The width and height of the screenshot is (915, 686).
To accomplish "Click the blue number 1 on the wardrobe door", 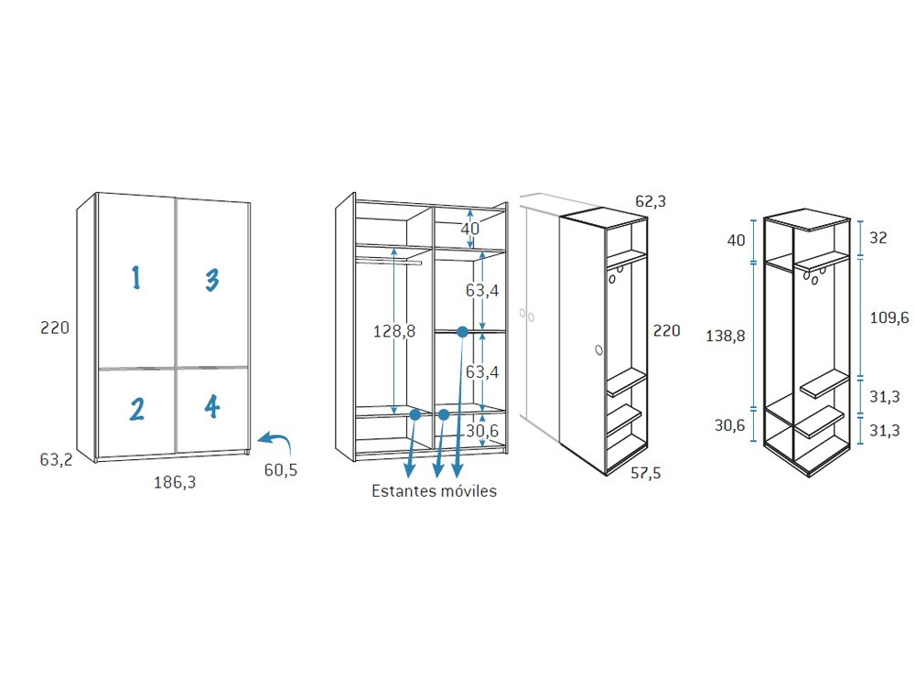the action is pos(136,278).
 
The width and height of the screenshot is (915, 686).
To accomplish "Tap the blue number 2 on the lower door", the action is pos(137,409).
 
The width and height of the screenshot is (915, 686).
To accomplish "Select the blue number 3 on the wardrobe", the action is pos(212,279).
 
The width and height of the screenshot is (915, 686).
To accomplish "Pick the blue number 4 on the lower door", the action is pos(212,407).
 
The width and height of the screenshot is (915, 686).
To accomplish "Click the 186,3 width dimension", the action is pos(175,482).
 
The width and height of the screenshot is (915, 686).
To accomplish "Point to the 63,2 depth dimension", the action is pos(56,460).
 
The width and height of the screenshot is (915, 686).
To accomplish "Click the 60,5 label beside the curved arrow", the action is pos(281,469).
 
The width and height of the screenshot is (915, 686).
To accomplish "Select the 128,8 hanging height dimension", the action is pos(394,331).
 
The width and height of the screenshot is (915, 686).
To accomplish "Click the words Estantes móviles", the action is pos(434,490).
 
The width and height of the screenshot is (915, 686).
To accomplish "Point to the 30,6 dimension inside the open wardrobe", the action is pos(482,431).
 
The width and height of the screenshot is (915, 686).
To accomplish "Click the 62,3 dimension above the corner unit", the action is pos(651,201).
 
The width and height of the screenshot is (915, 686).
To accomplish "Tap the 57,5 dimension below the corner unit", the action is pos(646,473).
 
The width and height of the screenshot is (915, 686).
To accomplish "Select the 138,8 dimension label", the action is pos(726,336).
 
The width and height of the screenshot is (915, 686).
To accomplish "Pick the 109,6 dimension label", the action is pos(889,317).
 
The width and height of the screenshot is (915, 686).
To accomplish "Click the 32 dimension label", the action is pos(878,238).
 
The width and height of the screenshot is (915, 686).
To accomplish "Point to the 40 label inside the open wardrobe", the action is pos(469,228).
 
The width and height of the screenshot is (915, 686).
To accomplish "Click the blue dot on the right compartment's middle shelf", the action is pos(462,332).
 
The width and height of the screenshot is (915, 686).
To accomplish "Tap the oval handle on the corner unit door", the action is pos(598,350).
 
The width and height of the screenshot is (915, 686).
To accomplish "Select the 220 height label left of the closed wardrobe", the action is pos(55,327).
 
